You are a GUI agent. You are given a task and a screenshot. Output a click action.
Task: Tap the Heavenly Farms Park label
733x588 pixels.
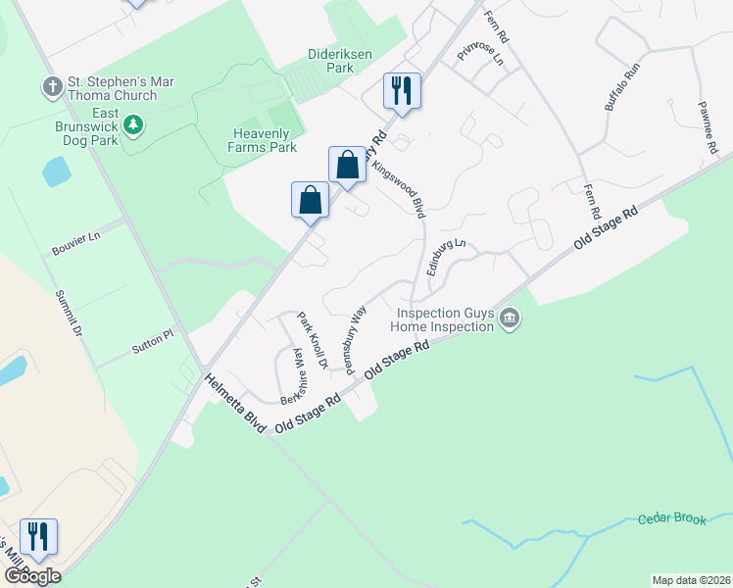(x=265, y=140)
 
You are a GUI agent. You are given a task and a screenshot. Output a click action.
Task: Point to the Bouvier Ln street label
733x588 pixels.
(x=76, y=244)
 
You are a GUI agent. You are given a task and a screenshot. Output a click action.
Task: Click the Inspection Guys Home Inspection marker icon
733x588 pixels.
(x=510, y=318)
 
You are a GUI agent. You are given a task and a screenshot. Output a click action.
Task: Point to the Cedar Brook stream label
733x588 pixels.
(x=671, y=518)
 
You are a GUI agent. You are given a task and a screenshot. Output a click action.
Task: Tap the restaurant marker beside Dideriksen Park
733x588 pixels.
(x=402, y=92)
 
